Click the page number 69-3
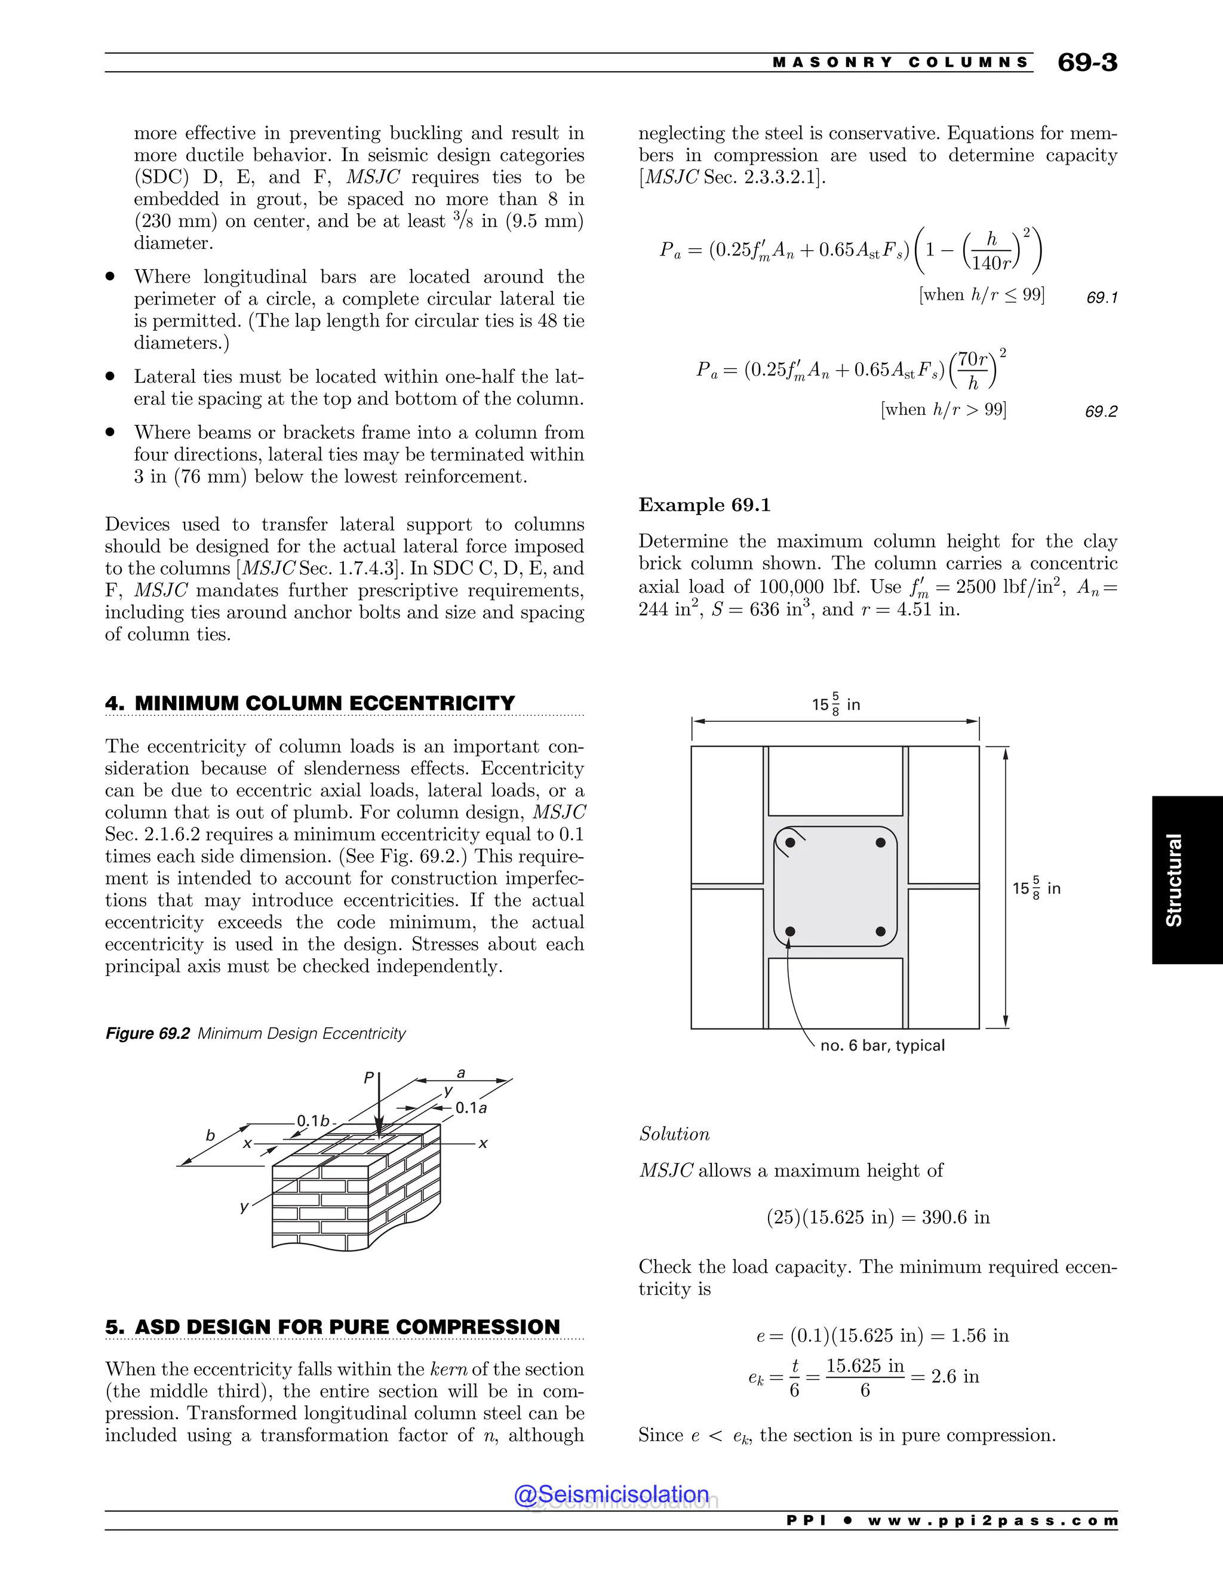tap(1087, 62)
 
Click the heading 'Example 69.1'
tap(704, 505)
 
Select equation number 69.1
tap(1101, 298)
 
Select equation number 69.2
tap(1101, 411)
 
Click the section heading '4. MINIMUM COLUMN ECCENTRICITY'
tap(310, 703)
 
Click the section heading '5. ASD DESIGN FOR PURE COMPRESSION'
tap(333, 1327)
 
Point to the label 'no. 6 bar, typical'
tap(882, 1045)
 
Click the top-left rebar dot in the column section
tap(791, 842)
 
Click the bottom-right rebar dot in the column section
tap(880, 931)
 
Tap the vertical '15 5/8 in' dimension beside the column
tap(1036, 888)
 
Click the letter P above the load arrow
tap(369, 1078)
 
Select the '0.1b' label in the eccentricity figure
tap(313, 1121)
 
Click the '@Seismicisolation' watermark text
tap(611, 1494)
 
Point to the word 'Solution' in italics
tap(674, 1134)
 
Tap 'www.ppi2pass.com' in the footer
tap(992, 1521)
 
